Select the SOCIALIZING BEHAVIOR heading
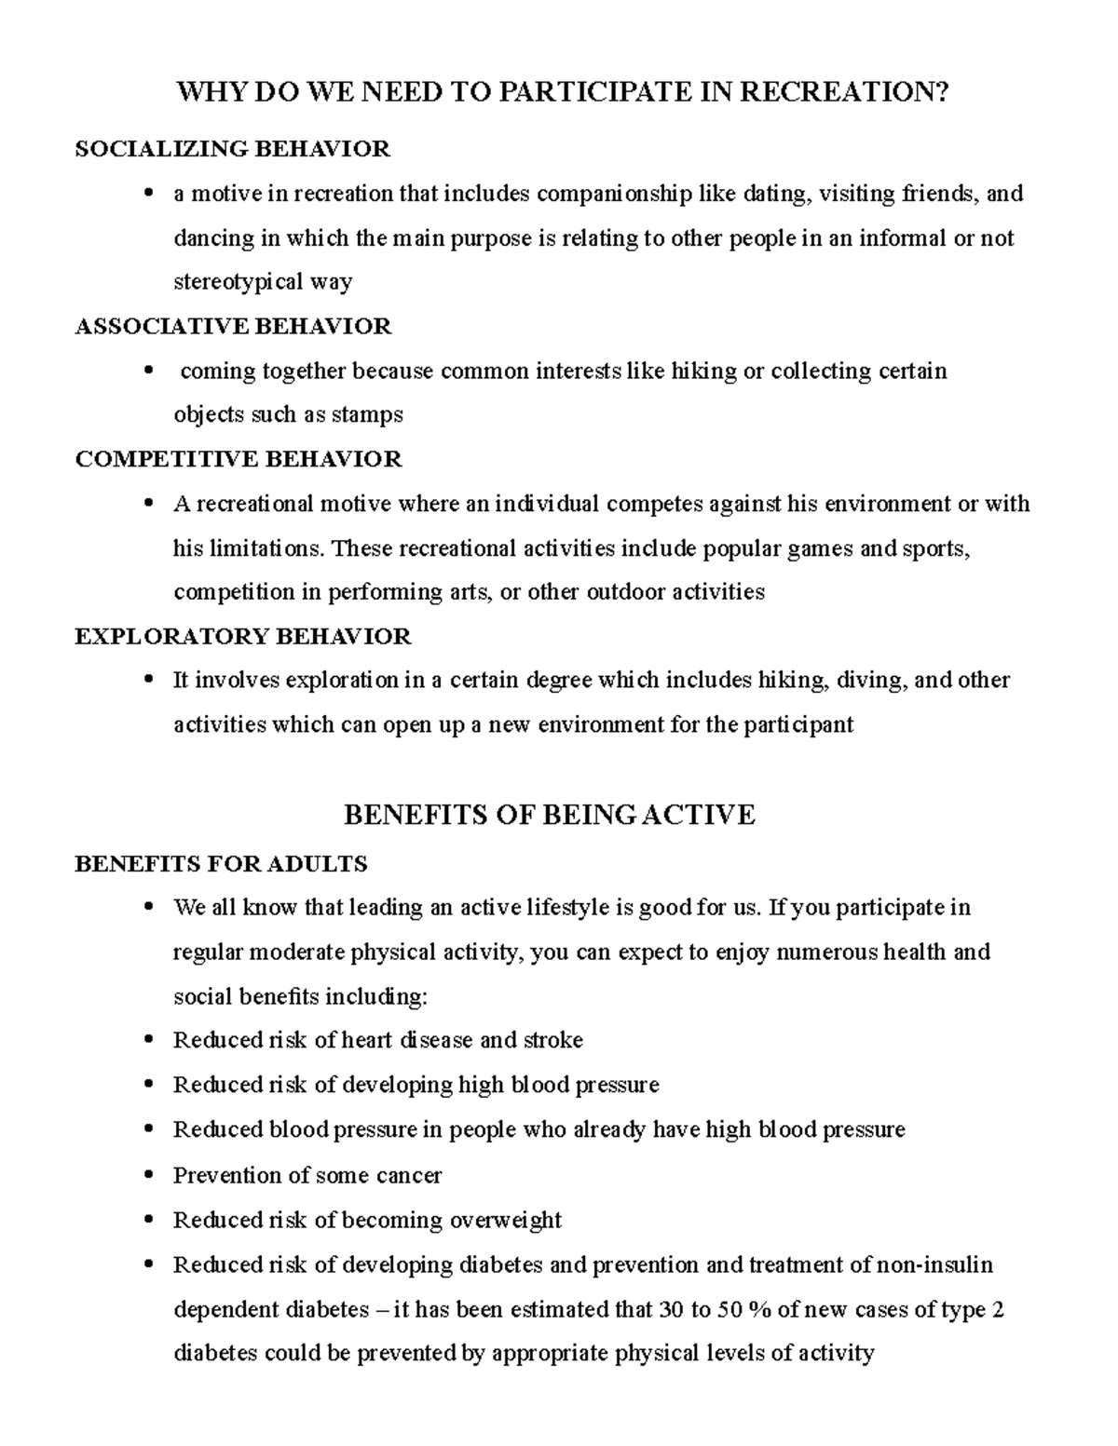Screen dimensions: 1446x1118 pos(232,149)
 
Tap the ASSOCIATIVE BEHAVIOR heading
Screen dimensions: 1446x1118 pos(233,326)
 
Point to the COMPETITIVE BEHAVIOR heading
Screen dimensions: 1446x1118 pos(238,459)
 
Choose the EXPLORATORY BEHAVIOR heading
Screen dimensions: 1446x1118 pos(242,637)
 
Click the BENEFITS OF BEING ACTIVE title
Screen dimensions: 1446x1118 pos(549,815)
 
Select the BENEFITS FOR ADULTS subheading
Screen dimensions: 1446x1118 pos(221,864)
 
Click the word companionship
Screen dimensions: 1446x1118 pos(615,194)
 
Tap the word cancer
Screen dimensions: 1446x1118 pos(409,1175)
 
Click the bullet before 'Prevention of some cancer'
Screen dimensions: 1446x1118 pos(148,1176)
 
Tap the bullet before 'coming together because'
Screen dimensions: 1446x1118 pos(148,372)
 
